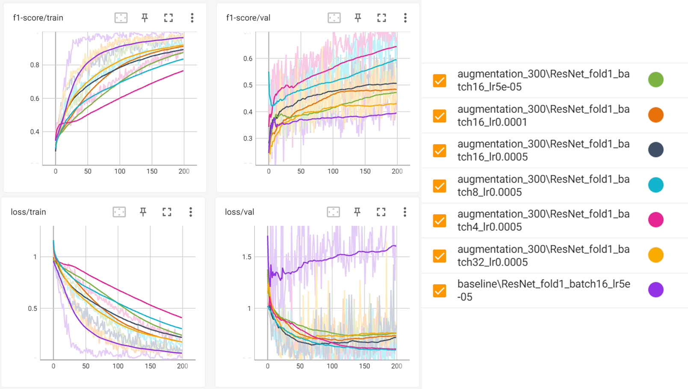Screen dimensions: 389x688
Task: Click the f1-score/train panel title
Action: [38, 18]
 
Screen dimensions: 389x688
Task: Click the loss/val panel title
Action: [239, 212]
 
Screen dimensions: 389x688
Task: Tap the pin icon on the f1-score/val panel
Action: [358, 18]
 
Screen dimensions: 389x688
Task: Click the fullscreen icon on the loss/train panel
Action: [167, 212]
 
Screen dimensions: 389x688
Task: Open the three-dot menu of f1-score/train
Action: [192, 18]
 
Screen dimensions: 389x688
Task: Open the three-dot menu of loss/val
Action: [405, 212]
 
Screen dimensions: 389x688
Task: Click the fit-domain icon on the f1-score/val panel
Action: [334, 18]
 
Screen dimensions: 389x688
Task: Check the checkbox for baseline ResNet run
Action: [440, 291]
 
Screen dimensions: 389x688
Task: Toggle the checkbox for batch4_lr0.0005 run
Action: [440, 221]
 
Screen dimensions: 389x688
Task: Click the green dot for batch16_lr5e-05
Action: [656, 80]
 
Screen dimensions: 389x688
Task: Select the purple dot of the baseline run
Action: [656, 290]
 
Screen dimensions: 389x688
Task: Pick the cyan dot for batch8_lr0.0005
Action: [656, 185]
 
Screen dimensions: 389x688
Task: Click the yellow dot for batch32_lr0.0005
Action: [656, 255]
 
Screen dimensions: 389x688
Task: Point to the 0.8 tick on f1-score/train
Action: [35, 65]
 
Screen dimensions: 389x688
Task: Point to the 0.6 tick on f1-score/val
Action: [248, 59]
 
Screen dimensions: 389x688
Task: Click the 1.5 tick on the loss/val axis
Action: [247, 257]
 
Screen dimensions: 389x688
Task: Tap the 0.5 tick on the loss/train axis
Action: [32, 309]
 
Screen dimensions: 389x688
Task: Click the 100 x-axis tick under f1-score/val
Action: [333, 171]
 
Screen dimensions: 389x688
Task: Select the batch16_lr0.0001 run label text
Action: [543, 115]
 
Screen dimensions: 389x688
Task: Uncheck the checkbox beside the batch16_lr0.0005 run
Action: [440, 150]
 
